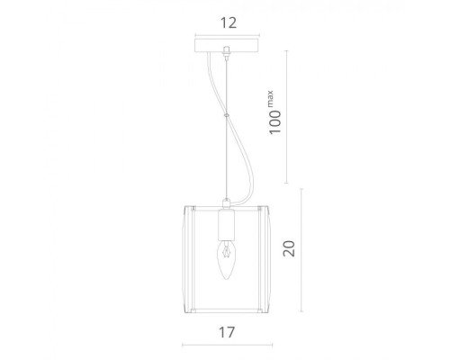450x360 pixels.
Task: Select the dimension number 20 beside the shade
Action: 289,247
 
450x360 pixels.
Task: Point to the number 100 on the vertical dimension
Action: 281,121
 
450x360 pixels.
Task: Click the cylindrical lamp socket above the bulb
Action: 226,224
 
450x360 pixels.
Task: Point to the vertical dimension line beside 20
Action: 302,247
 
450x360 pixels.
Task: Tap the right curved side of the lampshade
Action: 266,247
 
